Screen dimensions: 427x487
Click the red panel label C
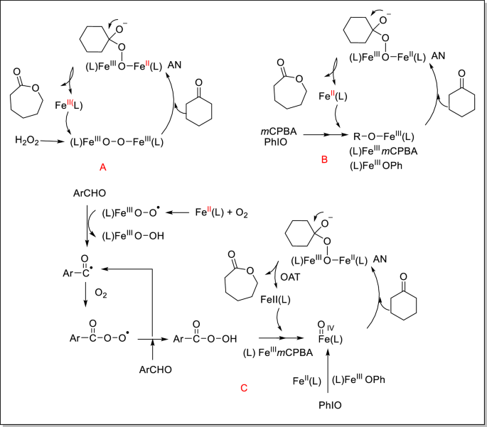tap(243, 387)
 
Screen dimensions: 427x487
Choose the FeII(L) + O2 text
tap(222, 212)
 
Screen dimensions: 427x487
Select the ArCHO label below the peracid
tap(153, 369)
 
